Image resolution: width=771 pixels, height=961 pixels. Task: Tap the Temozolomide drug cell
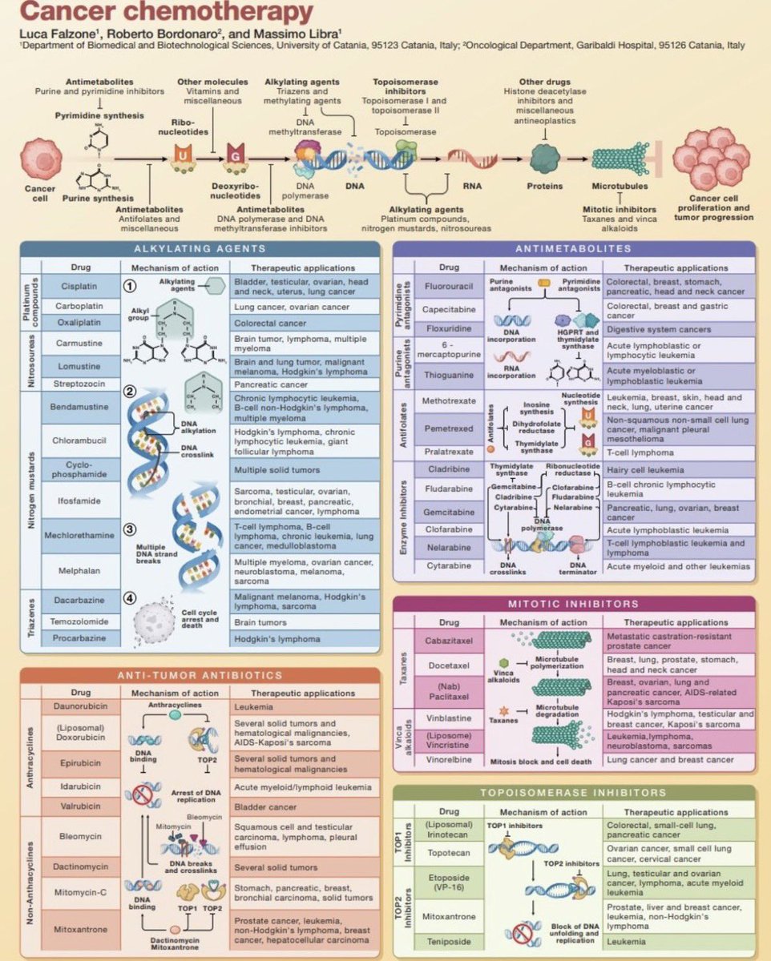coord(79,621)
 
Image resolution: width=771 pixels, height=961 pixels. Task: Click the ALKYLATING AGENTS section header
coord(200,250)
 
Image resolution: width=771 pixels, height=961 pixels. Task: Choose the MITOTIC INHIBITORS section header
coord(573,604)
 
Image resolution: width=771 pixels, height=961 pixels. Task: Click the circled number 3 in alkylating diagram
coord(131,530)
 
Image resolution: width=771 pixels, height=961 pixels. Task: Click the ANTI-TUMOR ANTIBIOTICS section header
coord(200,675)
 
